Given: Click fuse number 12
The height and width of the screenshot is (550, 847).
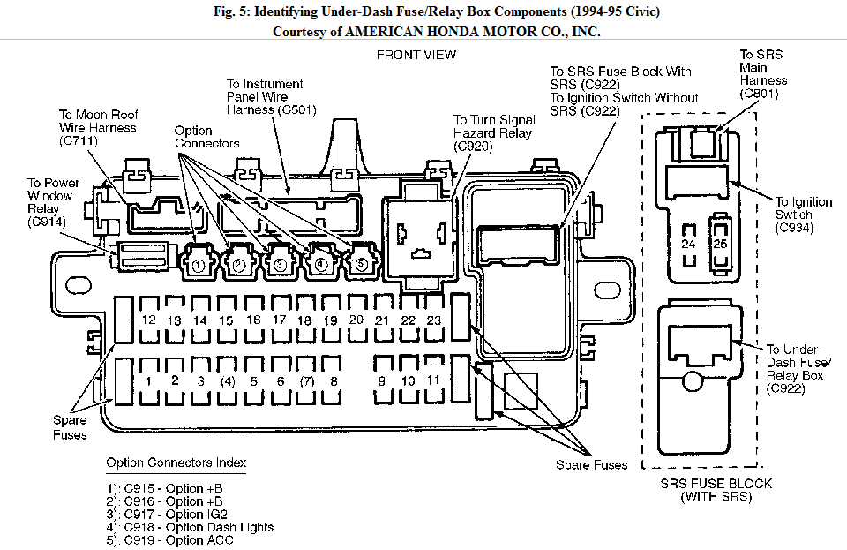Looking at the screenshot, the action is click(149, 320).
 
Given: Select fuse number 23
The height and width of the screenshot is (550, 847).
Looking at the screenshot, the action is click(434, 320).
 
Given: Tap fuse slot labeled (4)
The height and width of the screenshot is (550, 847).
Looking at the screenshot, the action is click(228, 380).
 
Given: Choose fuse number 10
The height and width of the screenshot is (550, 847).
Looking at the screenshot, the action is click(408, 380).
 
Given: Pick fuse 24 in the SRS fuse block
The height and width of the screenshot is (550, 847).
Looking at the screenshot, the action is click(688, 245).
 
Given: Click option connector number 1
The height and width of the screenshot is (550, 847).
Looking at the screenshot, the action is click(199, 262).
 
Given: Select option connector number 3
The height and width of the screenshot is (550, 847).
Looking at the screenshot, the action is click(280, 262).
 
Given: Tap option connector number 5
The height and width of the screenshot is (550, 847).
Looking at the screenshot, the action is click(362, 262).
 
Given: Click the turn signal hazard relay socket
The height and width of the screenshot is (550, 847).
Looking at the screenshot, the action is click(419, 237).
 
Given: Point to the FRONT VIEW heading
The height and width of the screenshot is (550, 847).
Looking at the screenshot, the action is click(416, 55).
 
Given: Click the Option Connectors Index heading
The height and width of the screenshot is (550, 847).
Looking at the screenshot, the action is click(176, 463).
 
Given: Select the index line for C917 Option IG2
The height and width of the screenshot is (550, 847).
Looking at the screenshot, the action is click(167, 515).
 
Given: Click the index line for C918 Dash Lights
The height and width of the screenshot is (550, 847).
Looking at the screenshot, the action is click(190, 527).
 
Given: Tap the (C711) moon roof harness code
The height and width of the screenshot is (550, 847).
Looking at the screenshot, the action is click(79, 141).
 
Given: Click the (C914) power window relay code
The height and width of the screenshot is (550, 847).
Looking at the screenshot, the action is click(47, 222).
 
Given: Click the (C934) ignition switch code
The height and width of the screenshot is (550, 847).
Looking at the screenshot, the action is click(794, 228).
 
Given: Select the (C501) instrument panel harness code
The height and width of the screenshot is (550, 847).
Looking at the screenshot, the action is click(297, 109).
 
